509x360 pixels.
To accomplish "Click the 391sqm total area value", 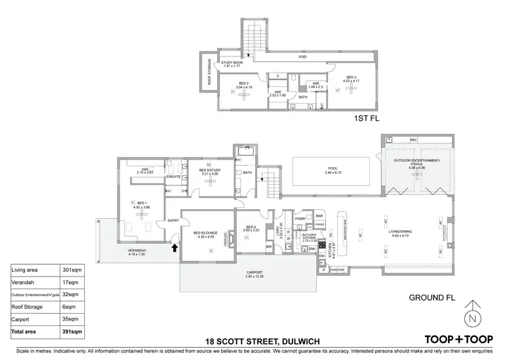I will pyautogui.click(x=73, y=331).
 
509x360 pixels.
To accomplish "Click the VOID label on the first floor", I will pyautogui.click(x=293, y=57).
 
